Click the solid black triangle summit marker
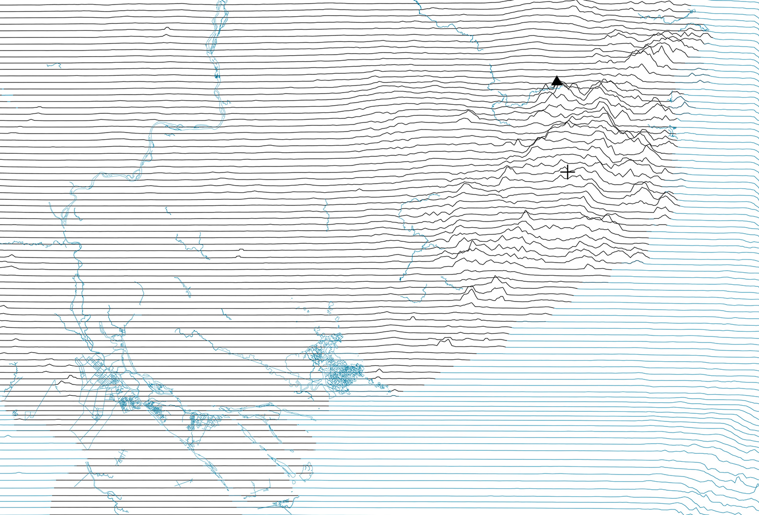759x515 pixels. (x=557, y=81)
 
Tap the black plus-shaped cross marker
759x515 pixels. (x=568, y=173)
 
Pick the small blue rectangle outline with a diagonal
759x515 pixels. (x=29, y=415)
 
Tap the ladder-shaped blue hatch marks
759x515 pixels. (x=122, y=458)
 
